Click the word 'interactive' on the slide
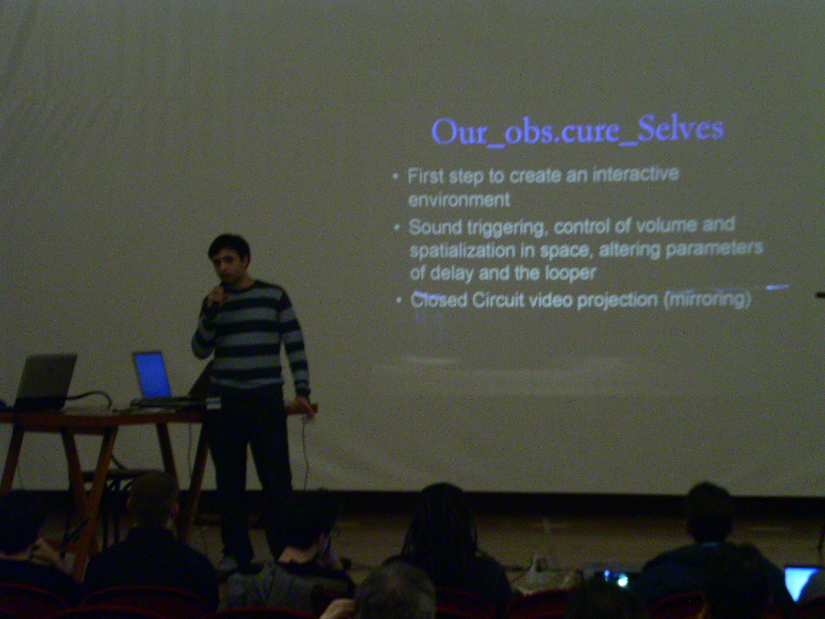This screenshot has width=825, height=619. (x=636, y=175)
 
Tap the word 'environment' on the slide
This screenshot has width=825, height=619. (x=459, y=199)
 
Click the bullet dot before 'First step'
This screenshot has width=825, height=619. (x=395, y=176)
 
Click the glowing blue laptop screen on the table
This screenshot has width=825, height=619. (x=151, y=374)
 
